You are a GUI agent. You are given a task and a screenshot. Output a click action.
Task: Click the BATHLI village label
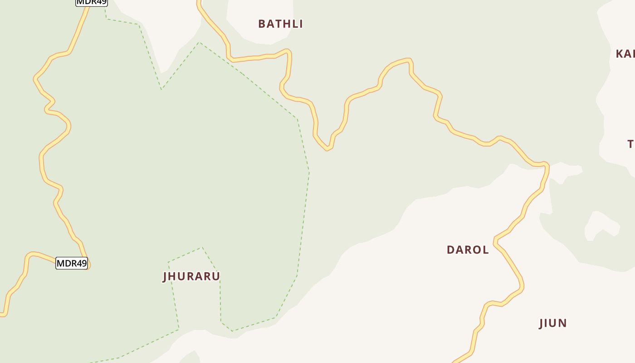pyautogui.click(x=280, y=24)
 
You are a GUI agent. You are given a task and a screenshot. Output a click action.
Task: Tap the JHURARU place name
pyautogui.click(x=191, y=276)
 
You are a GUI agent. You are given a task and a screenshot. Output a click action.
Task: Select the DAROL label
pyautogui.click(x=468, y=250)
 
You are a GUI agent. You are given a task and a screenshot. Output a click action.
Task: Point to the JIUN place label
pyautogui.click(x=553, y=324)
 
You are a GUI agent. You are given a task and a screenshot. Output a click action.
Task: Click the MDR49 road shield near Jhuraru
pyautogui.click(x=72, y=263)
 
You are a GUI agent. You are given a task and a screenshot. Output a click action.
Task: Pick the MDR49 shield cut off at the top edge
pyautogui.click(x=91, y=2)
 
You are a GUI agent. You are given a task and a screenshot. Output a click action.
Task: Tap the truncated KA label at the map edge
pyautogui.click(x=625, y=54)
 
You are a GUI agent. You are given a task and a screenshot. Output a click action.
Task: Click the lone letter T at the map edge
pyautogui.click(x=631, y=144)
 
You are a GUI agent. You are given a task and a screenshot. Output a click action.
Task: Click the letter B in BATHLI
pyautogui.click(x=262, y=24)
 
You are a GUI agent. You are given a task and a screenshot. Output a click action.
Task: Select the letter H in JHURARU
pyautogui.click(x=174, y=276)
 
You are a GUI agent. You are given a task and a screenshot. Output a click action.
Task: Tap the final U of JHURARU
pyautogui.click(x=216, y=276)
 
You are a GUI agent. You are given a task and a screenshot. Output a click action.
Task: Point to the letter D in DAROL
pyautogui.click(x=450, y=250)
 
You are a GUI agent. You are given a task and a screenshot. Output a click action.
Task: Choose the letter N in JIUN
pyautogui.click(x=563, y=324)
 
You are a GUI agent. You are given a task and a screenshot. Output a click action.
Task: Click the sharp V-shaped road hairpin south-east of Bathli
pyautogui.click(x=327, y=148)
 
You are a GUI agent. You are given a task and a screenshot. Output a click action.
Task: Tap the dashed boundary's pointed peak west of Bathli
pyautogui.click(x=199, y=42)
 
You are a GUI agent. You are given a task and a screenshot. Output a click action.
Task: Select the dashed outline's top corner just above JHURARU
pyautogui.click(x=202, y=248)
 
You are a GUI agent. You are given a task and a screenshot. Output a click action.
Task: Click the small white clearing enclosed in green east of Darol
pyautogui.click(x=602, y=226)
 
